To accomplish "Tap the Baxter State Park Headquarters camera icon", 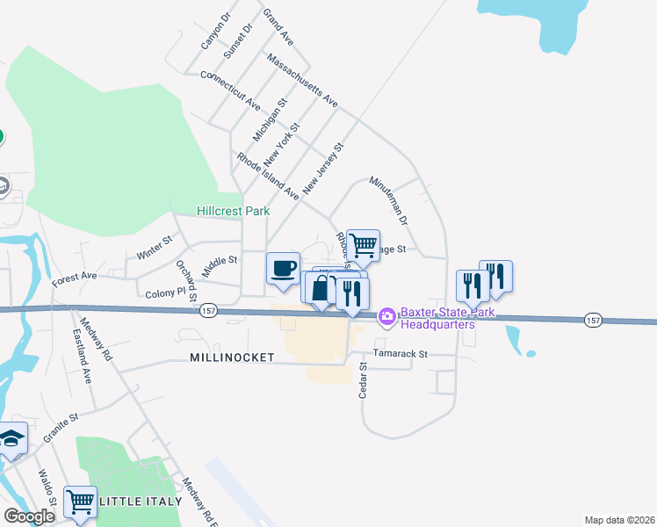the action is pos(386,316).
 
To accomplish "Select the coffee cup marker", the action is pos(283,269).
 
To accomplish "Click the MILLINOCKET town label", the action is pos(232,357).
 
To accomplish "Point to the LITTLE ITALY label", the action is pos(141,502).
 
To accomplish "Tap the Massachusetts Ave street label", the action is pos(302,84).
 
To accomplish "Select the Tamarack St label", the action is pos(400,354).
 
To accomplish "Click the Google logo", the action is pos(29,516).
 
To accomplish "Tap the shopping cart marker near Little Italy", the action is pos(80,502).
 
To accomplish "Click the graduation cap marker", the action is pos(11,438).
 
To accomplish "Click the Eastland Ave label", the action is pos(81,357).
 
